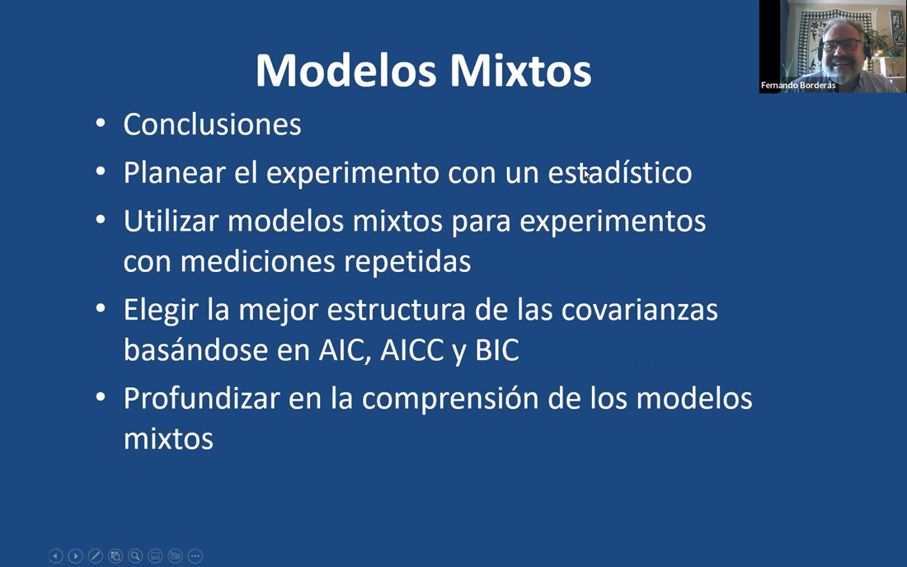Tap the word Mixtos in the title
pos(520,71)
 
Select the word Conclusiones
pos(212,124)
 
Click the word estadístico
pos(619,172)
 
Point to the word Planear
pos(174,172)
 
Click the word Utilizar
pos(172,221)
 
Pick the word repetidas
pos(407,261)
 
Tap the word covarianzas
pos(639,310)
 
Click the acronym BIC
pos(497,350)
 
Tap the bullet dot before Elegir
pos(101,309)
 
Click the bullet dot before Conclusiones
pos(101,123)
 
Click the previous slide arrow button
pos(55,556)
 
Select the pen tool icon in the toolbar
pos(96,556)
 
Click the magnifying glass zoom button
pos(135,556)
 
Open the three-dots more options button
pos(195,556)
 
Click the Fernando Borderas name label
pos(798,86)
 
